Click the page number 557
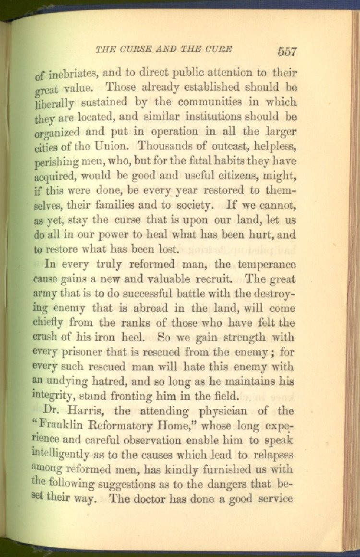coord(287,51)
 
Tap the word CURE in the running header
coord(219,48)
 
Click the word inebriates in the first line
coord(73,74)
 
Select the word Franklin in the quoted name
coord(64,426)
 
